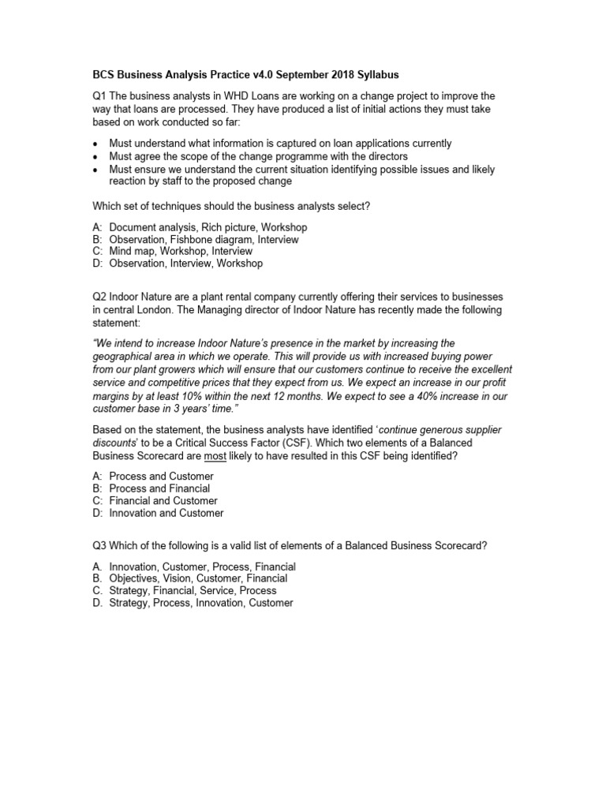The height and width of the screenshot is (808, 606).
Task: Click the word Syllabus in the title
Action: [376, 75]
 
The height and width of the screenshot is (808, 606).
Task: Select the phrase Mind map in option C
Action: [131, 251]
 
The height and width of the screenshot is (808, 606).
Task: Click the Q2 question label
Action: [100, 297]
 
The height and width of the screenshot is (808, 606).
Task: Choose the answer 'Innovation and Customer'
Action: [166, 513]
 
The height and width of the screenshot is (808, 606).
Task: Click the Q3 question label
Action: [100, 546]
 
